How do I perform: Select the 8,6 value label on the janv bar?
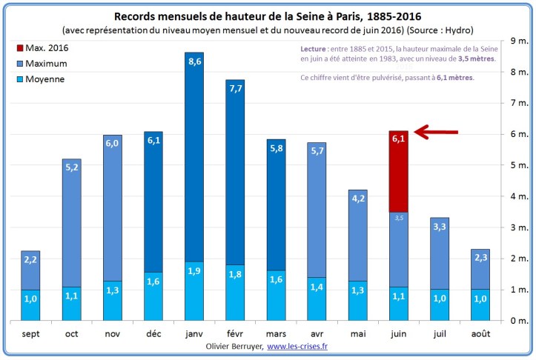tap(195, 61)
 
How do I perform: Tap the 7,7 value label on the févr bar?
tap(236, 89)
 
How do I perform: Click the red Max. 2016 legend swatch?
tap(19, 48)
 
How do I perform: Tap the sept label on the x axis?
tap(30, 333)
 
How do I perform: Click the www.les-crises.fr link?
tap(298, 347)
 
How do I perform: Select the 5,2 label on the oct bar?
tap(72, 168)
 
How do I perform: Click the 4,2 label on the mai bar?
tap(357, 199)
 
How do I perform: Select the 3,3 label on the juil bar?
tap(439, 227)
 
